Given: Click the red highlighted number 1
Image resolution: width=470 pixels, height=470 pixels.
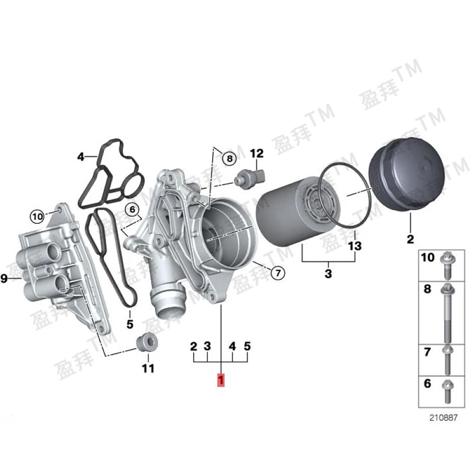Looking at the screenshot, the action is tap(221, 380).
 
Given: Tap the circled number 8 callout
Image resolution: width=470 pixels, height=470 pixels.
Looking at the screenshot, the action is tap(230, 158).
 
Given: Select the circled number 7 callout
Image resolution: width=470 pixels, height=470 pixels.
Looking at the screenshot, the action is tap(278, 273).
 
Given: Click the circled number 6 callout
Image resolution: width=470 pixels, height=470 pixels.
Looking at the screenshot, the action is tap(133, 209).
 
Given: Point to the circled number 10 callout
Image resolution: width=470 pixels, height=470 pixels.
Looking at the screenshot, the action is tap(38, 216).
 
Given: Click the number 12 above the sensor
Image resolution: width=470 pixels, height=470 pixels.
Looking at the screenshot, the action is tap(257, 153).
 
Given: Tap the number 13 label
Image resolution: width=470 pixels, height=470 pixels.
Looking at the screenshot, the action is tap(355, 246).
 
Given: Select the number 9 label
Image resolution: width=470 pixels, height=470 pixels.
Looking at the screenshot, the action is tap(4, 278).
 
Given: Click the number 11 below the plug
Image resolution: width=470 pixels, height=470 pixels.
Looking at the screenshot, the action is tap(148, 368).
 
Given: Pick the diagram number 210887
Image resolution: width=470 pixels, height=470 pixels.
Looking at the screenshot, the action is tap(444, 418).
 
